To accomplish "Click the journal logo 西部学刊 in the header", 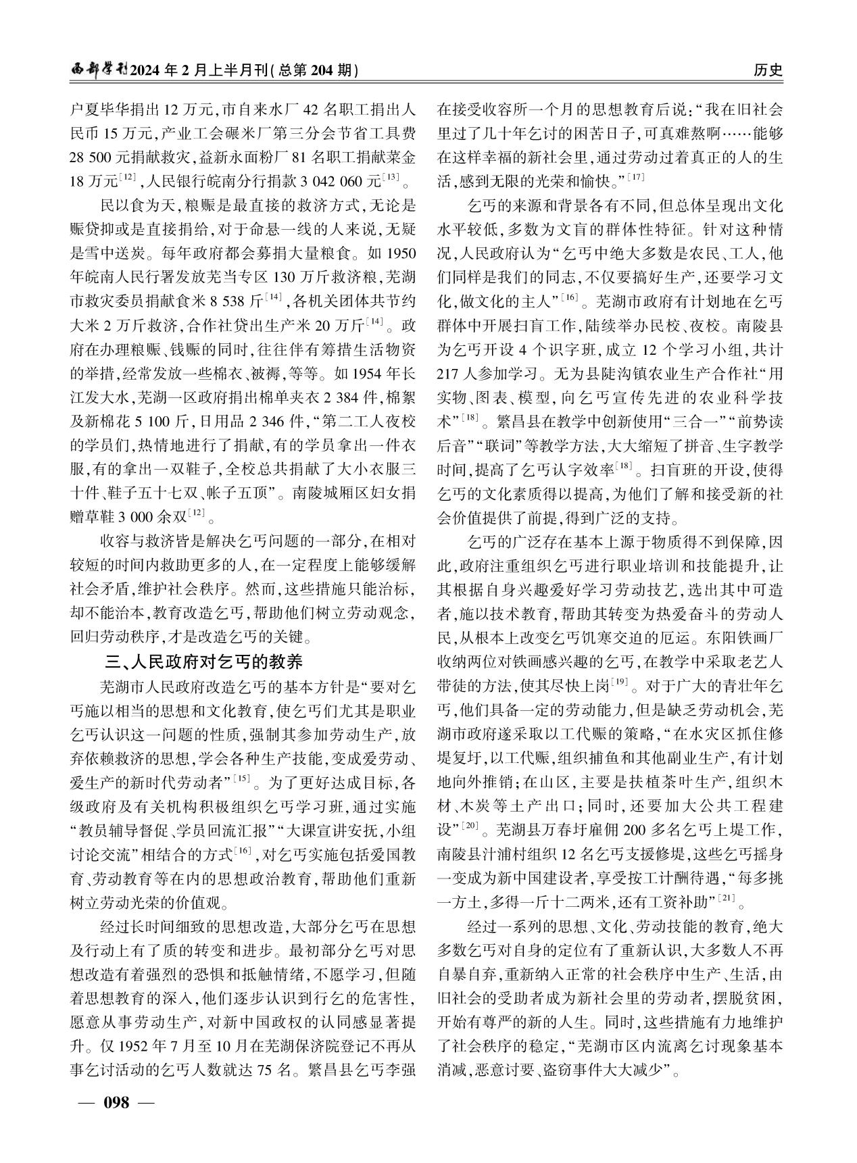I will pyautogui.click(x=99, y=70).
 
